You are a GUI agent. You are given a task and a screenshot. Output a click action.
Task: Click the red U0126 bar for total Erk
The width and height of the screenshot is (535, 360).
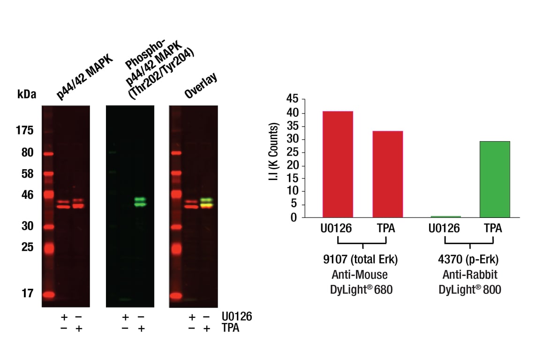click(338, 164)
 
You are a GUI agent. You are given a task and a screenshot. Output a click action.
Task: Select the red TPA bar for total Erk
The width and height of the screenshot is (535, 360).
click(387, 174)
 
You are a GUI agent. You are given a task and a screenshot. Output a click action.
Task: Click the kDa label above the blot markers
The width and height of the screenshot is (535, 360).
click(26, 94)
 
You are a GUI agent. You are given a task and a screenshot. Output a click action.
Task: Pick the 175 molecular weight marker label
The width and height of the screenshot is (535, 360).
click(24, 130)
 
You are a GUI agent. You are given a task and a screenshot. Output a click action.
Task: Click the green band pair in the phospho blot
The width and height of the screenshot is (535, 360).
click(140, 202)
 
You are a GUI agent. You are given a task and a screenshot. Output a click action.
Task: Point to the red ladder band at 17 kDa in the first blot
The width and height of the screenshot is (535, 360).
click(49, 295)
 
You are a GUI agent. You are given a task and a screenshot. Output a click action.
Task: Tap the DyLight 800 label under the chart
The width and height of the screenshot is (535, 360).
click(470, 291)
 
